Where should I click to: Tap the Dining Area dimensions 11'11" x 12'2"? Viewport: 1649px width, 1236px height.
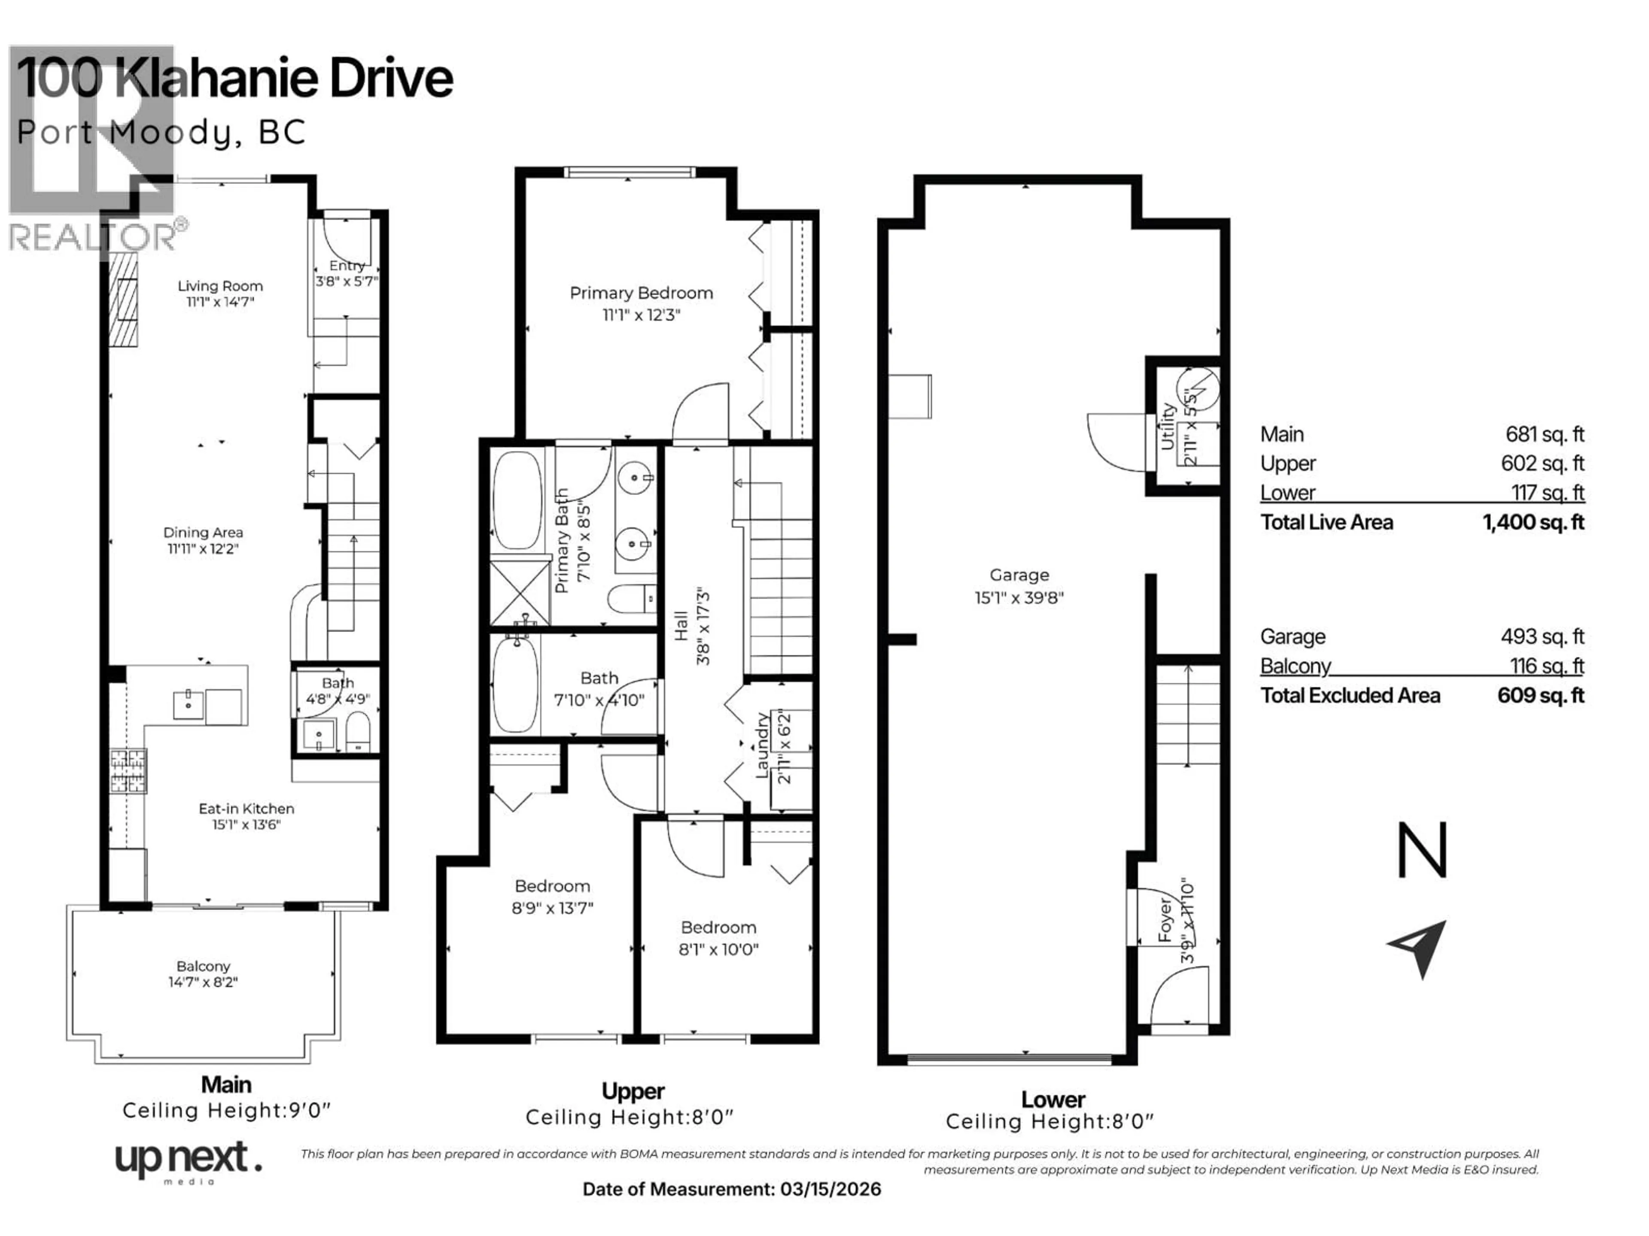click(x=203, y=549)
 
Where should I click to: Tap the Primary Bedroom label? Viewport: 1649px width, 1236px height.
click(x=641, y=293)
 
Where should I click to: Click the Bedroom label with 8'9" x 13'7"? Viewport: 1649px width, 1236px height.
click(x=552, y=886)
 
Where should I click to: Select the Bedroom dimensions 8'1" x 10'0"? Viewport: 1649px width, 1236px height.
click(x=718, y=949)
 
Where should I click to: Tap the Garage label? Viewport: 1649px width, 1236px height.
click(x=1019, y=574)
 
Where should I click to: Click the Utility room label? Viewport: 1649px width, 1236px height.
click(x=1168, y=427)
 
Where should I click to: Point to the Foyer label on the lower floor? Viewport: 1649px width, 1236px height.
click(x=1165, y=921)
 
